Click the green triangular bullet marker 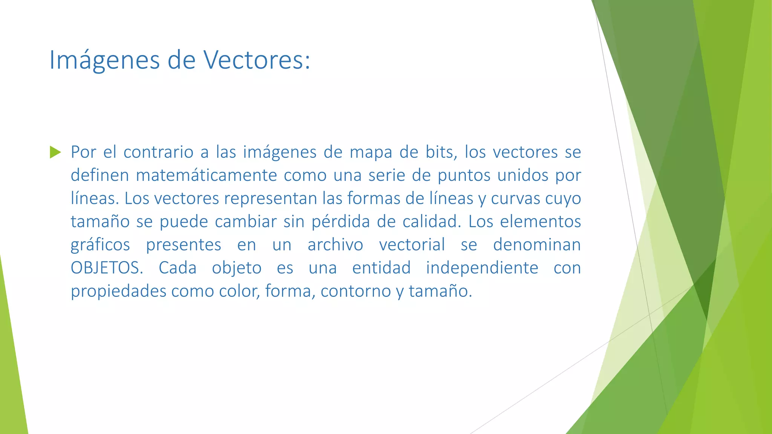55,152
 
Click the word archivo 335,245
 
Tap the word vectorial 412,245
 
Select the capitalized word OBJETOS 107,268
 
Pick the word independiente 482,268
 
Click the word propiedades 118,291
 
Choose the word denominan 537,245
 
